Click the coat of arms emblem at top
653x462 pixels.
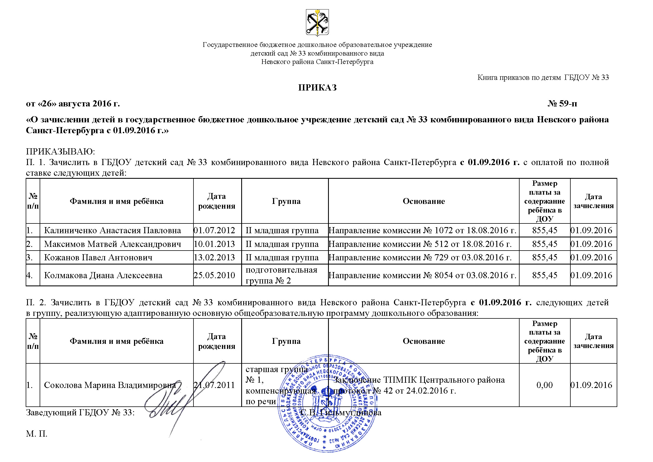pyautogui.click(x=317, y=22)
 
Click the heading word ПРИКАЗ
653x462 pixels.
pyautogui.click(x=317, y=88)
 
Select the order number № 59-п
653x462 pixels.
pyautogui.click(x=562, y=104)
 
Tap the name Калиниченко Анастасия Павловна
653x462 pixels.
pyautogui.click(x=112, y=230)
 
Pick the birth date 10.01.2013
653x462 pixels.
pyautogui.click(x=214, y=244)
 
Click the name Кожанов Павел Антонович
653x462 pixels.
pyautogui.click(x=98, y=258)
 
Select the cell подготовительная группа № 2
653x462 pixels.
pyautogui.click(x=281, y=275)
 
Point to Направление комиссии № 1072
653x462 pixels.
pyautogui.click(x=422, y=230)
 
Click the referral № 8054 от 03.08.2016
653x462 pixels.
pyautogui.click(x=422, y=275)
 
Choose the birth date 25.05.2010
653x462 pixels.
pyautogui.click(x=214, y=275)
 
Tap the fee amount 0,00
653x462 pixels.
pyautogui.click(x=544, y=385)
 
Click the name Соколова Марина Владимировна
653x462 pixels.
pyautogui.click(x=110, y=385)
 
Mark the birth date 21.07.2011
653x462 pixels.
pyautogui.click(x=214, y=385)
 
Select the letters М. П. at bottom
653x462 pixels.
pyautogui.click(x=37, y=434)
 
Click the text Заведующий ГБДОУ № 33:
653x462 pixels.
pyautogui.click(x=80, y=413)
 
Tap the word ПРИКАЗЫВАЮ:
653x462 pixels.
pyautogui.click(x=60, y=151)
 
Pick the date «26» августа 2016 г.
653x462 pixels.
pyautogui.click(x=73, y=104)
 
